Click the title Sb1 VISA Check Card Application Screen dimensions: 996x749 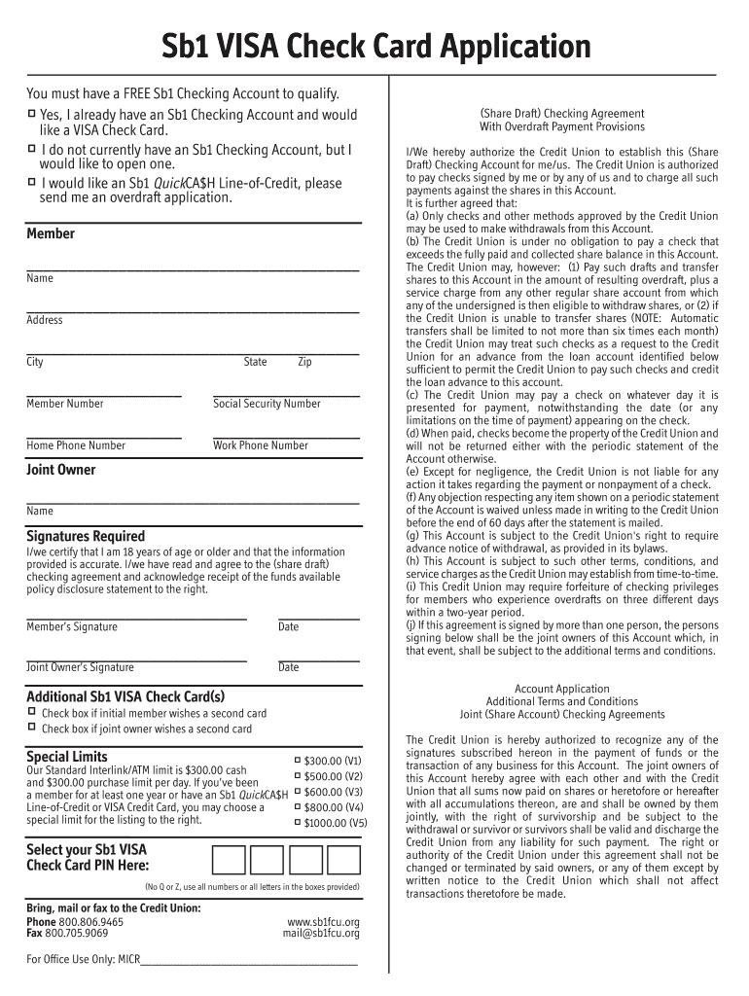click(x=375, y=46)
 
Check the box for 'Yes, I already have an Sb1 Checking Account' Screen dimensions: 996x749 click(x=31, y=115)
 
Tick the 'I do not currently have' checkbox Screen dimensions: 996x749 click(x=31, y=149)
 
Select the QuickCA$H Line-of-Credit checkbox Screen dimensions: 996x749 click(x=31, y=182)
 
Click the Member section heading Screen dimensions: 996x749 click(x=51, y=233)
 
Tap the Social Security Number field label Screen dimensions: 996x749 click(x=267, y=404)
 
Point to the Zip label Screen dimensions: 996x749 click(x=304, y=362)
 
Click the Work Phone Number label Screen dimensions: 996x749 click(x=260, y=445)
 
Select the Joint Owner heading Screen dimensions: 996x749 click(x=60, y=470)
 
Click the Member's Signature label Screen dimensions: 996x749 click(x=71, y=626)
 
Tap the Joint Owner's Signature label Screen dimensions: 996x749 click(x=80, y=667)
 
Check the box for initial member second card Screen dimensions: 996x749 click(x=31, y=713)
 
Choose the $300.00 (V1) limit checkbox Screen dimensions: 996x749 click(x=297, y=760)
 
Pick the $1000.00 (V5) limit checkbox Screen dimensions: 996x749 click(x=297, y=822)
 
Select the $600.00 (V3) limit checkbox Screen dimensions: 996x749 click(x=297, y=791)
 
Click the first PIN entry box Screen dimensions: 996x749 click(x=229, y=861)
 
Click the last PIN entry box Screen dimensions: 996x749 click(x=342, y=861)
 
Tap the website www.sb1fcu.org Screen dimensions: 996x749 click(x=323, y=921)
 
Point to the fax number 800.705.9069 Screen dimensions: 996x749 click(x=83, y=934)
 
